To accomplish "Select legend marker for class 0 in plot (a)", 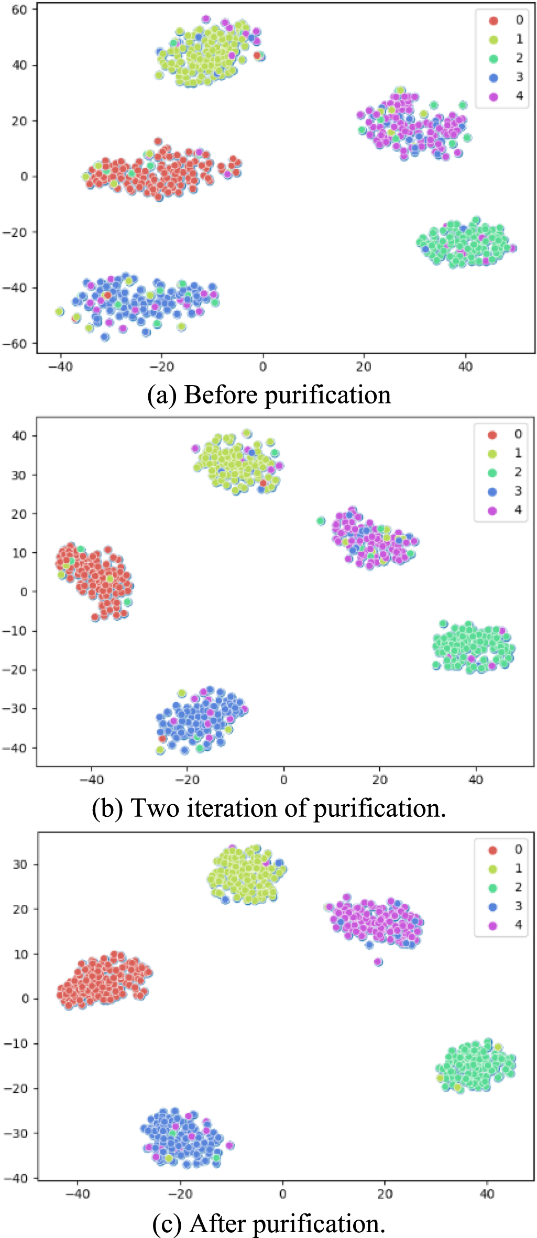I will click(494, 21).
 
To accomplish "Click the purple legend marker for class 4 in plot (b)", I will click(492, 510).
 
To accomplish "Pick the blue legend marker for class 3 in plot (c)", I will click(492, 907).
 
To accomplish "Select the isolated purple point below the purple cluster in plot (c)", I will click(378, 962).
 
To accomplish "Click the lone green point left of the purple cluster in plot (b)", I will click(321, 521).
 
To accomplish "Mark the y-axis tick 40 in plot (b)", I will click(19, 436).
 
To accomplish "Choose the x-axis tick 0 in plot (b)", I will click(283, 780).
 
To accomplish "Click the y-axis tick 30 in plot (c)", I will click(20, 864).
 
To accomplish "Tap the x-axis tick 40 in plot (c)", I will click(487, 1194).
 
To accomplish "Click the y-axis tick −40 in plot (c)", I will click(16, 1178).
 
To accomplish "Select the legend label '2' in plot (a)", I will click(519, 58).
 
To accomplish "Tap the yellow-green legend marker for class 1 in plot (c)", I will click(492, 869).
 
